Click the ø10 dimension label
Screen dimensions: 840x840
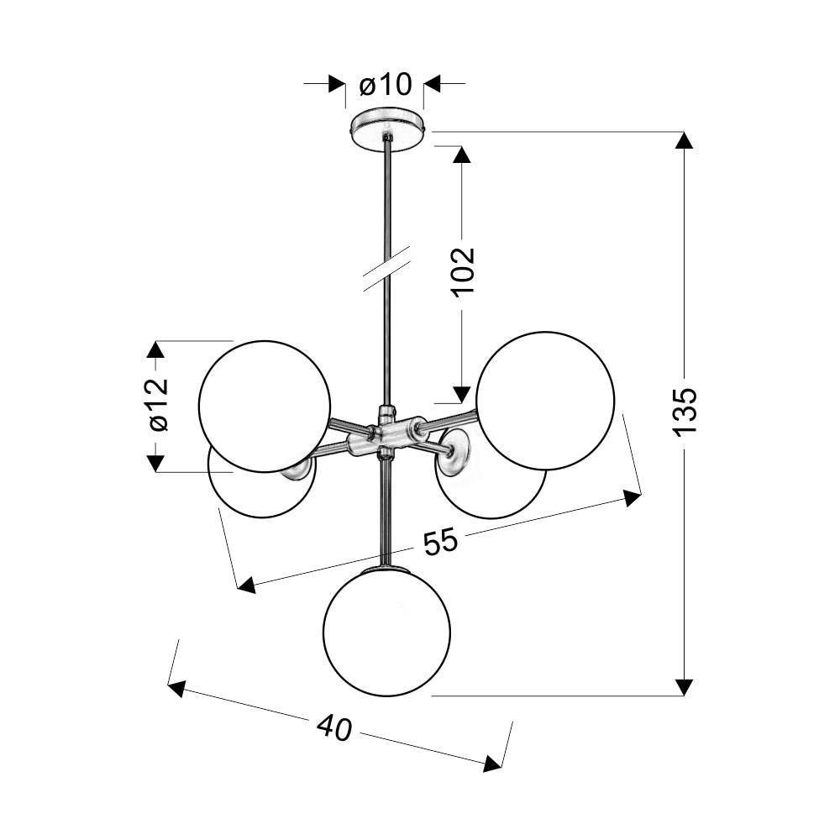[386, 85]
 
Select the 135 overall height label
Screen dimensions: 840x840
[685, 411]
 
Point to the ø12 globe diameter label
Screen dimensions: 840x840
[160, 405]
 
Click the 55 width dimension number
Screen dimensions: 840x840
[441, 541]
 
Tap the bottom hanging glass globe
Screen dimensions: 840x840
[386, 633]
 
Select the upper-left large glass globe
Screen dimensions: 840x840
[265, 406]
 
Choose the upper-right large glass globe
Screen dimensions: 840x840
[545, 401]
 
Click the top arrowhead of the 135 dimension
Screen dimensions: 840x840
[684, 140]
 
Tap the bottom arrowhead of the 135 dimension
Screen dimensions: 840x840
[684, 687]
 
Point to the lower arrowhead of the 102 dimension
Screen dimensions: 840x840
[462, 394]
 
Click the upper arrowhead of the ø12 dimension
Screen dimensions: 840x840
[155, 349]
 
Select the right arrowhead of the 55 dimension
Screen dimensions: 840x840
[633, 497]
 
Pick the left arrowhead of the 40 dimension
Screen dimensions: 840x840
[176, 689]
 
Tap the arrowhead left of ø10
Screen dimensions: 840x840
[337, 83]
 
